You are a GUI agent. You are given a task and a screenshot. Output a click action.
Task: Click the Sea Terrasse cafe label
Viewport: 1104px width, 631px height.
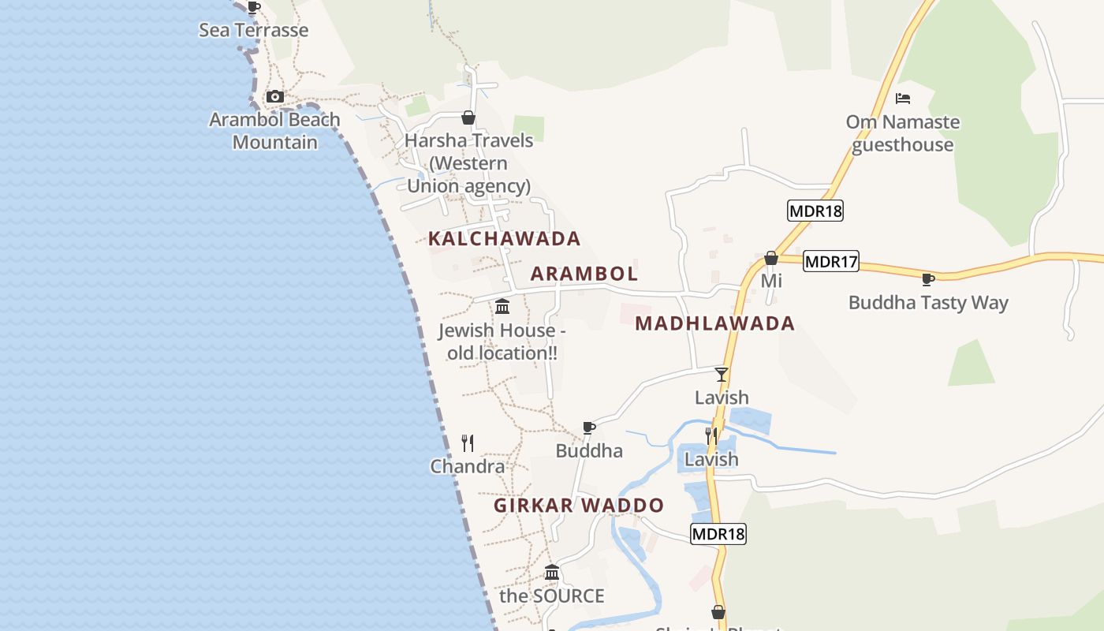[x=253, y=30]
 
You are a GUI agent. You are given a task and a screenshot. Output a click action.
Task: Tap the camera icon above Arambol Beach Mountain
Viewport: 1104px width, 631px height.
[x=274, y=97]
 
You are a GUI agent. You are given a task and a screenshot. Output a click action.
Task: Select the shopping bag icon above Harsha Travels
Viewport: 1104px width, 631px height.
[x=468, y=118]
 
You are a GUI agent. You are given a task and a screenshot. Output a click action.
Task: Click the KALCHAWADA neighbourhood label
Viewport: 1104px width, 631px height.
[x=504, y=238]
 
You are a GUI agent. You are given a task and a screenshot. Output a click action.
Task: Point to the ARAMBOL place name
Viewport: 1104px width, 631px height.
[x=584, y=274]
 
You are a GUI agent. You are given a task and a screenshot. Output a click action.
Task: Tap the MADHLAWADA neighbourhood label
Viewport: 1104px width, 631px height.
[x=714, y=323]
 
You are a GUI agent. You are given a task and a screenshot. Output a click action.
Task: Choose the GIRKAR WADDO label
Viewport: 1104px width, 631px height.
[x=579, y=505]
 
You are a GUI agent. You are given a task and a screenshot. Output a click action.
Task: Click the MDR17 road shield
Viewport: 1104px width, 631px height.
[x=831, y=261]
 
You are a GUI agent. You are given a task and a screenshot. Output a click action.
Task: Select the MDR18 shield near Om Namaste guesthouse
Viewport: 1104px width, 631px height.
[x=815, y=211]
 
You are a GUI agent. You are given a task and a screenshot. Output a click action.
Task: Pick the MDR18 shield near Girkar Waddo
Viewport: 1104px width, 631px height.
[x=718, y=534]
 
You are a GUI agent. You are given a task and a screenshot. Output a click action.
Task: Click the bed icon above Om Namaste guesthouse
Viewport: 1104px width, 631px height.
[x=903, y=99]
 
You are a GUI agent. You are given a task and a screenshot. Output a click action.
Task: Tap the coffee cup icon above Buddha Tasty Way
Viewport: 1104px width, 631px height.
[x=928, y=279]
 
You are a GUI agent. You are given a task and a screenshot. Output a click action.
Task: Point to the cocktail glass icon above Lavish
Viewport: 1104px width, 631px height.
[x=721, y=374]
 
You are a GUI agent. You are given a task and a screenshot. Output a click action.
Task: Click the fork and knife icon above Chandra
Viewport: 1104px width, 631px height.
[x=468, y=443]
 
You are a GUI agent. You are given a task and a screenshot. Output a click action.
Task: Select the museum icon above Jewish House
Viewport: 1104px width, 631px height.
[x=502, y=306]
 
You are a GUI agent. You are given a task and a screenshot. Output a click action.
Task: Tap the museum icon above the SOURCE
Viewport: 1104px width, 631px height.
[x=552, y=572]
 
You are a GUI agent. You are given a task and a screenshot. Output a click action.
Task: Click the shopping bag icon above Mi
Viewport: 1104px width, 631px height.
[x=771, y=258]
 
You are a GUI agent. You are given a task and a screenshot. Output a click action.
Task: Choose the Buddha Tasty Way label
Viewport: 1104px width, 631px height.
[x=928, y=302]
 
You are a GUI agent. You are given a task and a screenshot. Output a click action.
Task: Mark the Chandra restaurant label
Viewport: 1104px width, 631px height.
[x=468, y=466]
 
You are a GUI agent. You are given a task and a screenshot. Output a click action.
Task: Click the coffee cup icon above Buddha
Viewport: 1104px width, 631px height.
[x=588, y=428]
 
